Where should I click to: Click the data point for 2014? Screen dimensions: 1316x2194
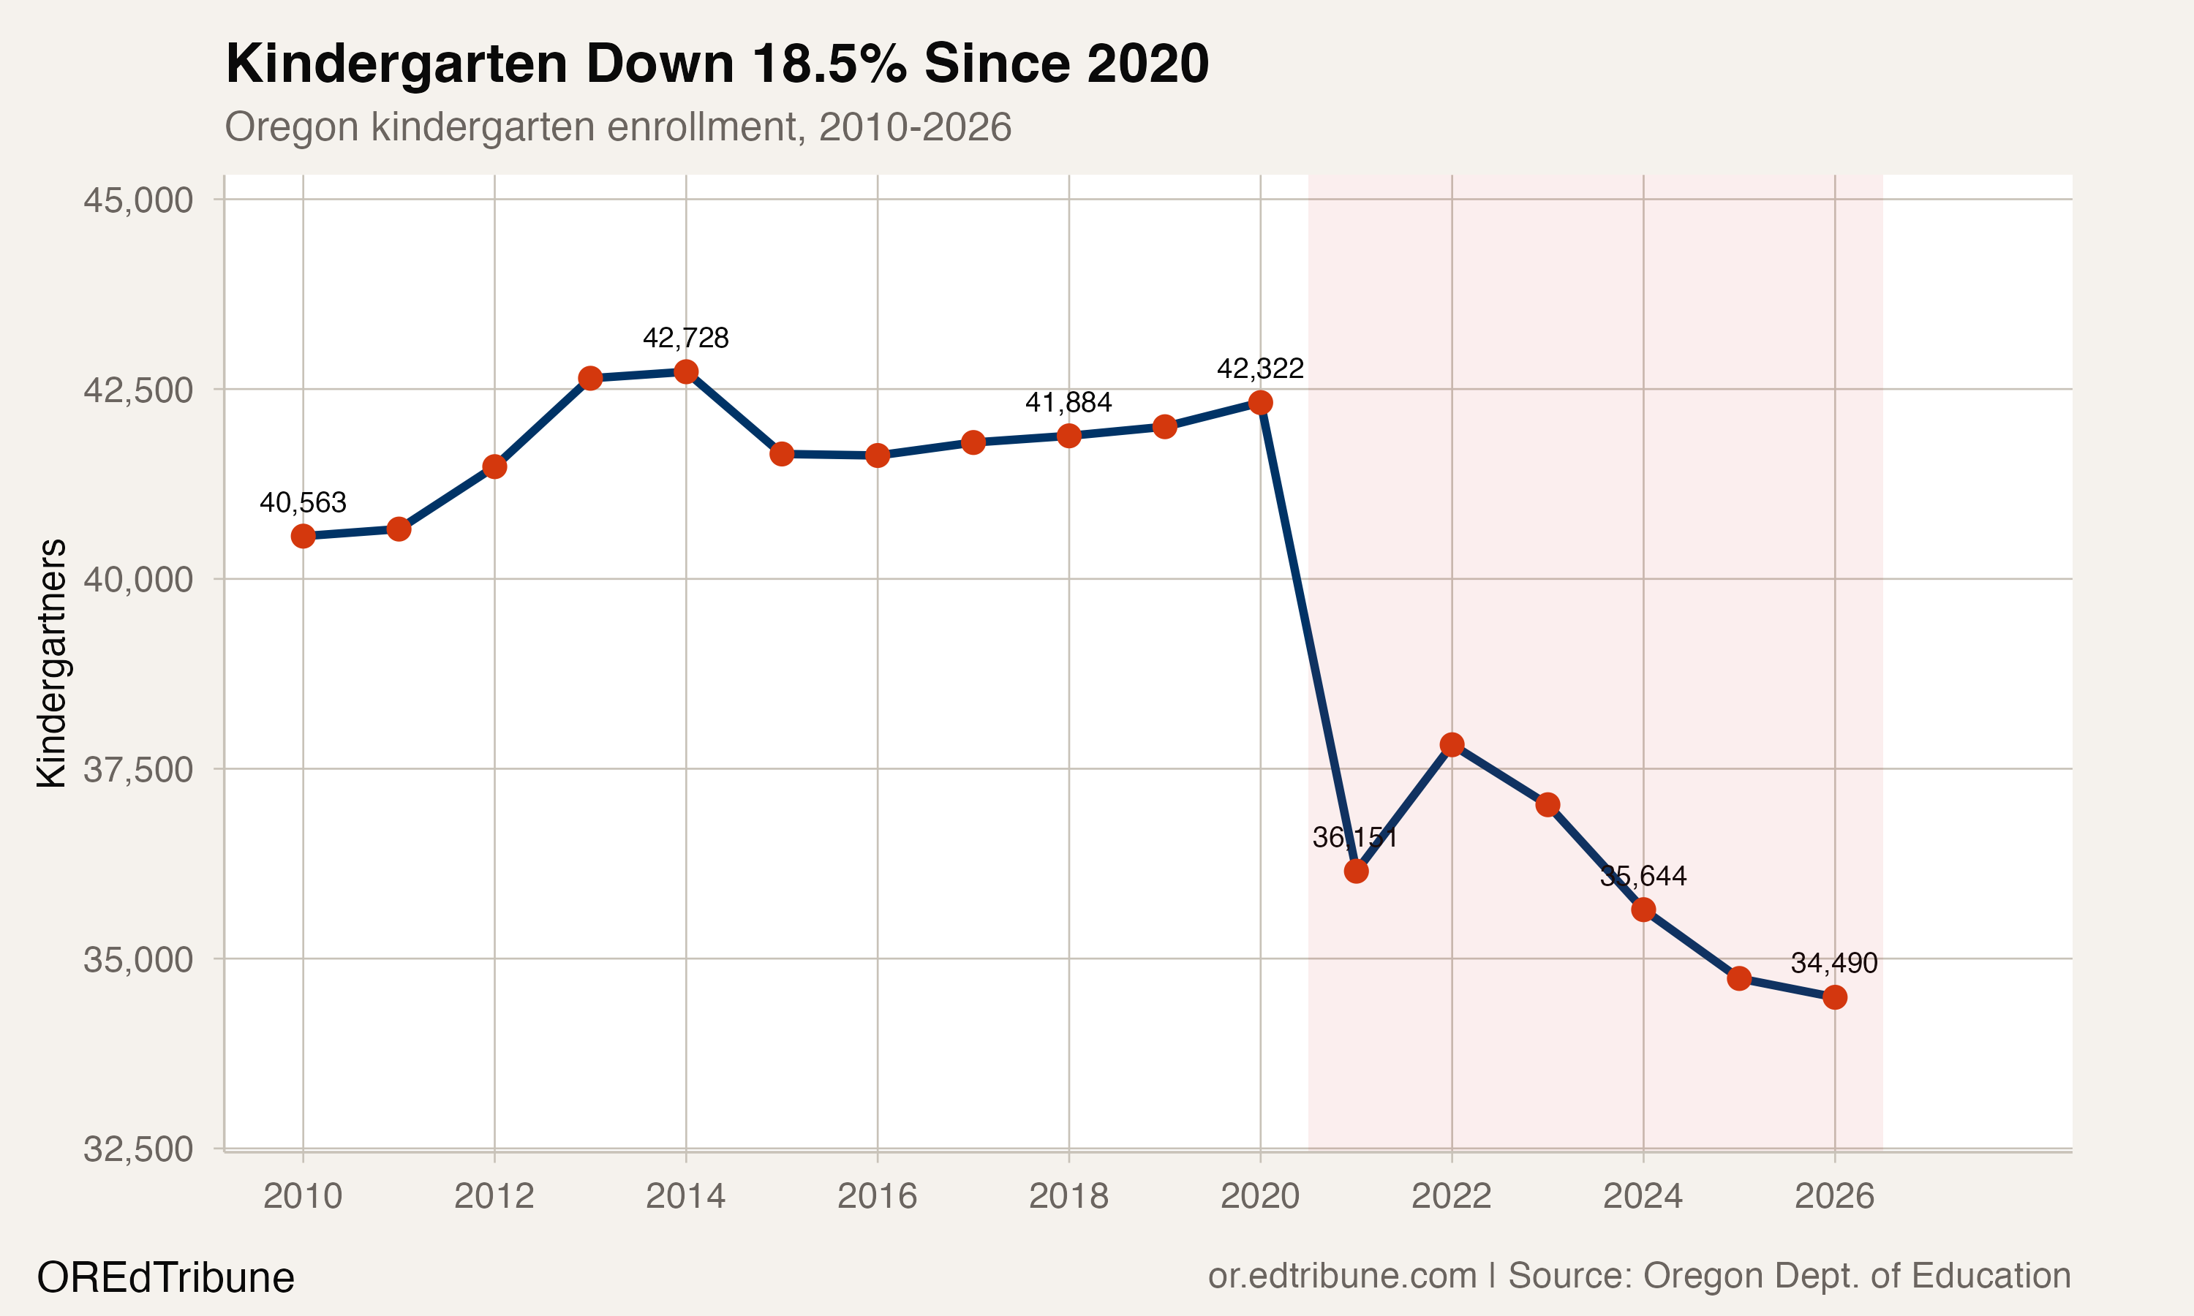pyautogui.click(x=685, y=371)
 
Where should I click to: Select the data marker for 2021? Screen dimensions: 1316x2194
pyautogui.click(x=1356, y=871)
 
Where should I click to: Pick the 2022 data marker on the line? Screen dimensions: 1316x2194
pyautogui.click(x=1452, y=744)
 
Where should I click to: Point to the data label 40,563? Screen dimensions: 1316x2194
pyautogui.click(x=304, y=503)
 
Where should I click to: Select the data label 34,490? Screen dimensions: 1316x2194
pyautogui.click(x=1834, y=963)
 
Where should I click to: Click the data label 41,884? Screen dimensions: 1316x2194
pyautogui.click(x=1068, y=403)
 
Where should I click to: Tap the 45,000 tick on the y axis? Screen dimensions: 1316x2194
pyautogui.click(x=138, y=200)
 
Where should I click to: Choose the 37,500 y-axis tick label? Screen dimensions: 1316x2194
pyautogui.click(x=138, y=770)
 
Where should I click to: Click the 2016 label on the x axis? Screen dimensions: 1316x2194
pyautogui.click(x=877, y=1196)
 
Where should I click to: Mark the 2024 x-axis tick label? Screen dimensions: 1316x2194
pyautogui.click(x=1643, y=1196)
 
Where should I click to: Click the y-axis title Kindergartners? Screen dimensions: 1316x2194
pyautogui.click(x=51, y=662)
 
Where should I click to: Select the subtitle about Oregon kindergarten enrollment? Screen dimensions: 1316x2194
pyautogui.click(x=618, y=126)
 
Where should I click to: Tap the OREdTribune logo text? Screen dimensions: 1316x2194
pyautogui.click(x=166, y=1278)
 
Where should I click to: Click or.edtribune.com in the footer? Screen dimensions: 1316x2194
pyautogui.click(x=1342, y=1275)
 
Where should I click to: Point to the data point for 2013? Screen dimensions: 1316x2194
pyautogui.click(x=591, y=379)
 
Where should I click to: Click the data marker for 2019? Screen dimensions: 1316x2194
pyautogui.click(x=1164, y=426)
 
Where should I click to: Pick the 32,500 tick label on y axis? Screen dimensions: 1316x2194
pyautogui.click(x=138, y=1149)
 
